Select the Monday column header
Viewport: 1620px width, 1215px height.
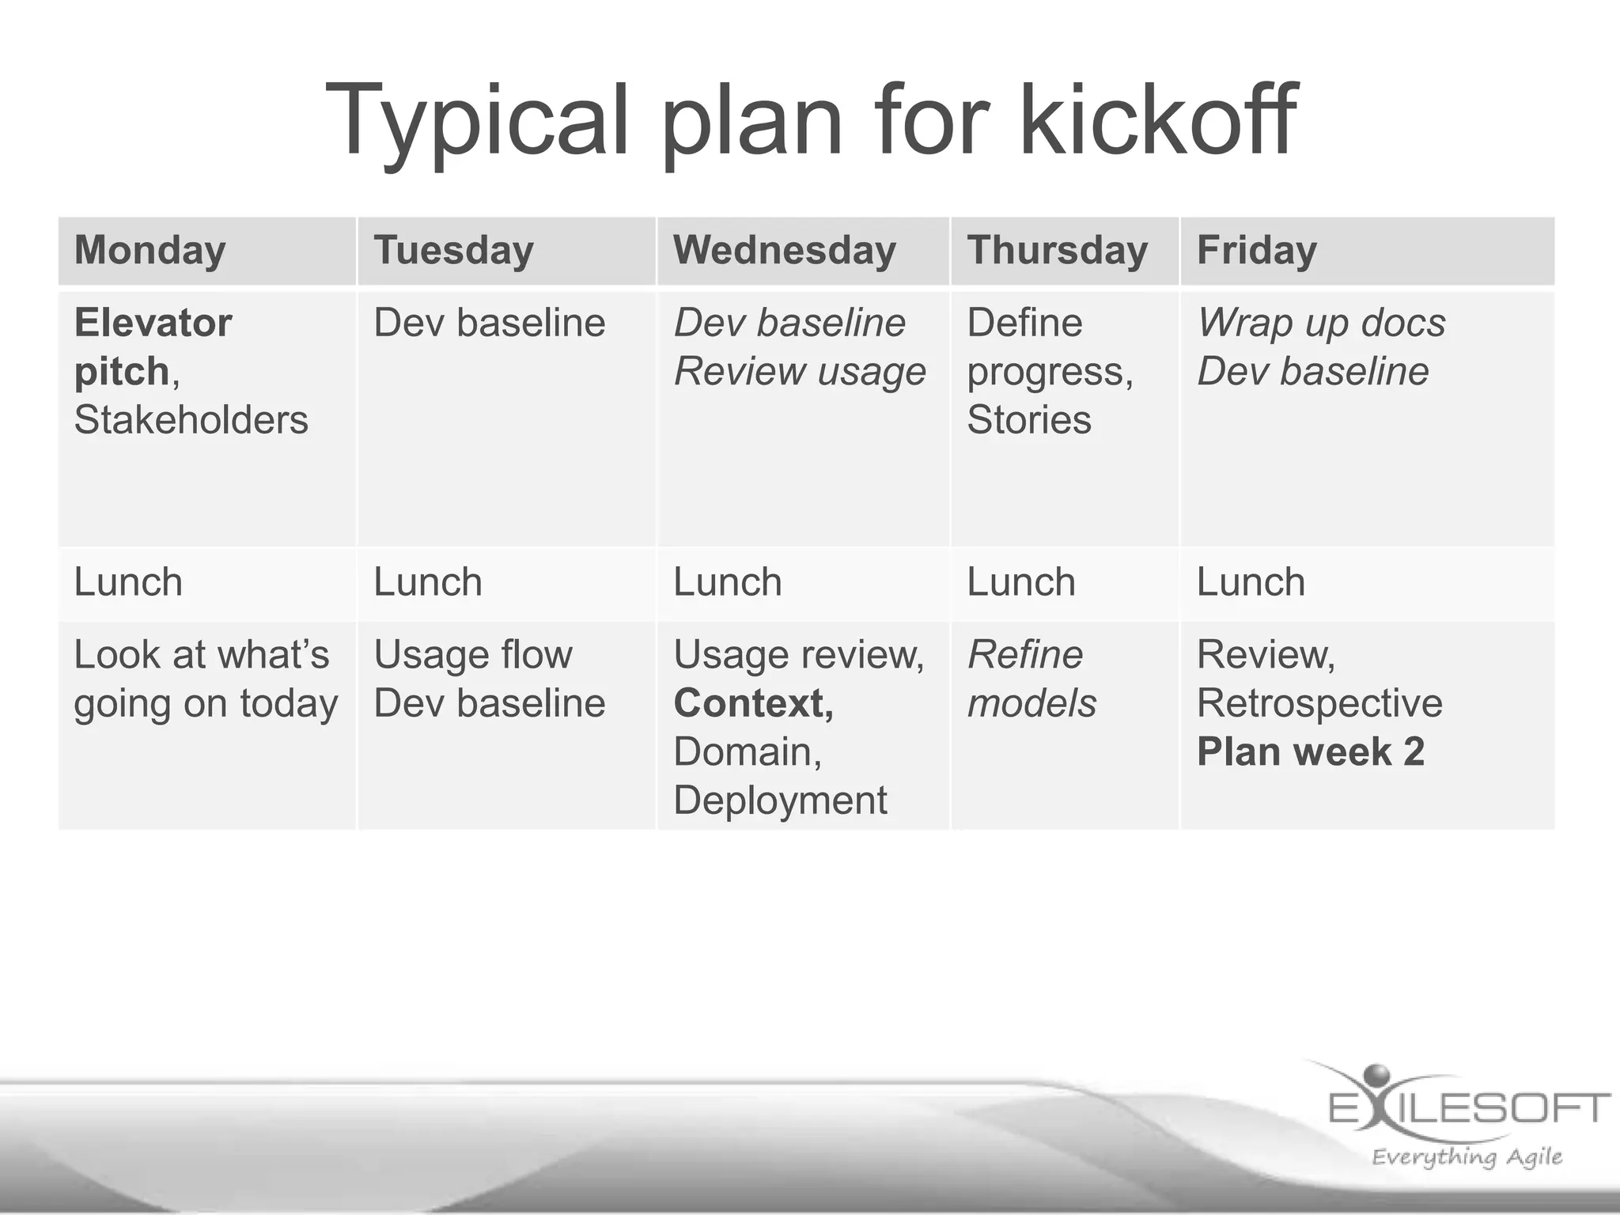coord(150,251)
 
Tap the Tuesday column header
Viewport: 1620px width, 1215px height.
coord(453,251)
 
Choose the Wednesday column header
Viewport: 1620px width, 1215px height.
coord(785,251)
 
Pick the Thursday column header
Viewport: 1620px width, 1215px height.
coord(1057,251)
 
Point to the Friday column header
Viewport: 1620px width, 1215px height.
coord(1256,251)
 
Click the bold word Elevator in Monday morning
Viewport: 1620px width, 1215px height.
coord(153,323)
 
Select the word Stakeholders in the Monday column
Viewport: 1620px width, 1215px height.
coord(191,419)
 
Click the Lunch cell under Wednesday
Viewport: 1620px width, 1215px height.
coord(728,582)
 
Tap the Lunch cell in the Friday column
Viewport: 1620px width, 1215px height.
coord(1251,582)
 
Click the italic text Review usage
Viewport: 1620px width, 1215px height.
coord(799,372)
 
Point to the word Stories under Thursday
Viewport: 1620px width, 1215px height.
coord(1028,419)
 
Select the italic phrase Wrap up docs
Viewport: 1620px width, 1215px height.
coord(1321,323)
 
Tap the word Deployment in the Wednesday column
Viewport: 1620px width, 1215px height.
coord(780,800)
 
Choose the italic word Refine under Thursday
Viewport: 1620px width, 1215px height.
coord(1025,655)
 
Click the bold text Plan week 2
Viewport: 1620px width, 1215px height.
coord(1310,751)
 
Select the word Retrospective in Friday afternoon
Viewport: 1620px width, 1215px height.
coord(1319,703)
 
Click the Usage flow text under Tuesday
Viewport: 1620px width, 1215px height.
coord(472,655)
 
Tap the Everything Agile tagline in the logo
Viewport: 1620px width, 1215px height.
coord(1467,1157)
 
